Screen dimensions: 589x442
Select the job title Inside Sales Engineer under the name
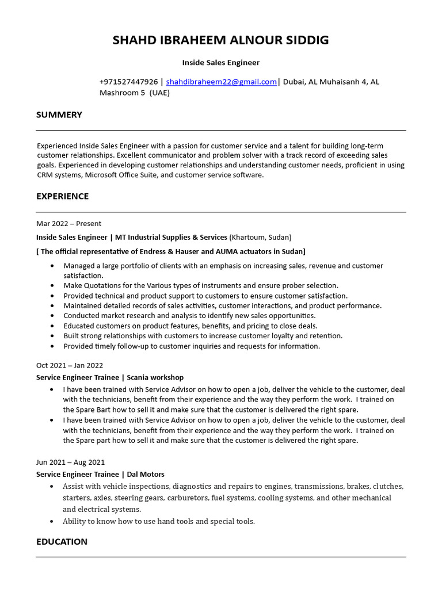pyautogui.click(x=221, y=62)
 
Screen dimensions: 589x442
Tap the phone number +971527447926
pyautogui.click(x=128, y=82)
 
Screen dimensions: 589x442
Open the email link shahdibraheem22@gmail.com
pyautogui.click(x=222, y=82)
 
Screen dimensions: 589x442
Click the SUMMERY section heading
pyautogui.click(x=59, y=114)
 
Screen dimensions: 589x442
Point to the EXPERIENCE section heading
pyautogui.click(x=62, y=196)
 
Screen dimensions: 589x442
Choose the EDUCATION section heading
pyautogui.click(x=62, y=541)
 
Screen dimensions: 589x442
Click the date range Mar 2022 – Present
pyautogui.click(x=68, y=223)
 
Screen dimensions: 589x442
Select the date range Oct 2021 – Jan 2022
pyautogui.click(x=70, y=365)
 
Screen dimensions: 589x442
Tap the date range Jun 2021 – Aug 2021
pyautogui.click(x=70, y=462)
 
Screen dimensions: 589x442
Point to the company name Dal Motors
pyautogui.click(x=146, y=475)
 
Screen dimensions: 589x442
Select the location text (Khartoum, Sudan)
pyautogui.click(x=260, y=237)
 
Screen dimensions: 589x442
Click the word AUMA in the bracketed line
pyautogui.click(x=227, y=251)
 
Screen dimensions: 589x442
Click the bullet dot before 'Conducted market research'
pyautogui.click(x=52, y=316)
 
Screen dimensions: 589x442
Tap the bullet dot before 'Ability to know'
pyautogui.click(x=52, y=522)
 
